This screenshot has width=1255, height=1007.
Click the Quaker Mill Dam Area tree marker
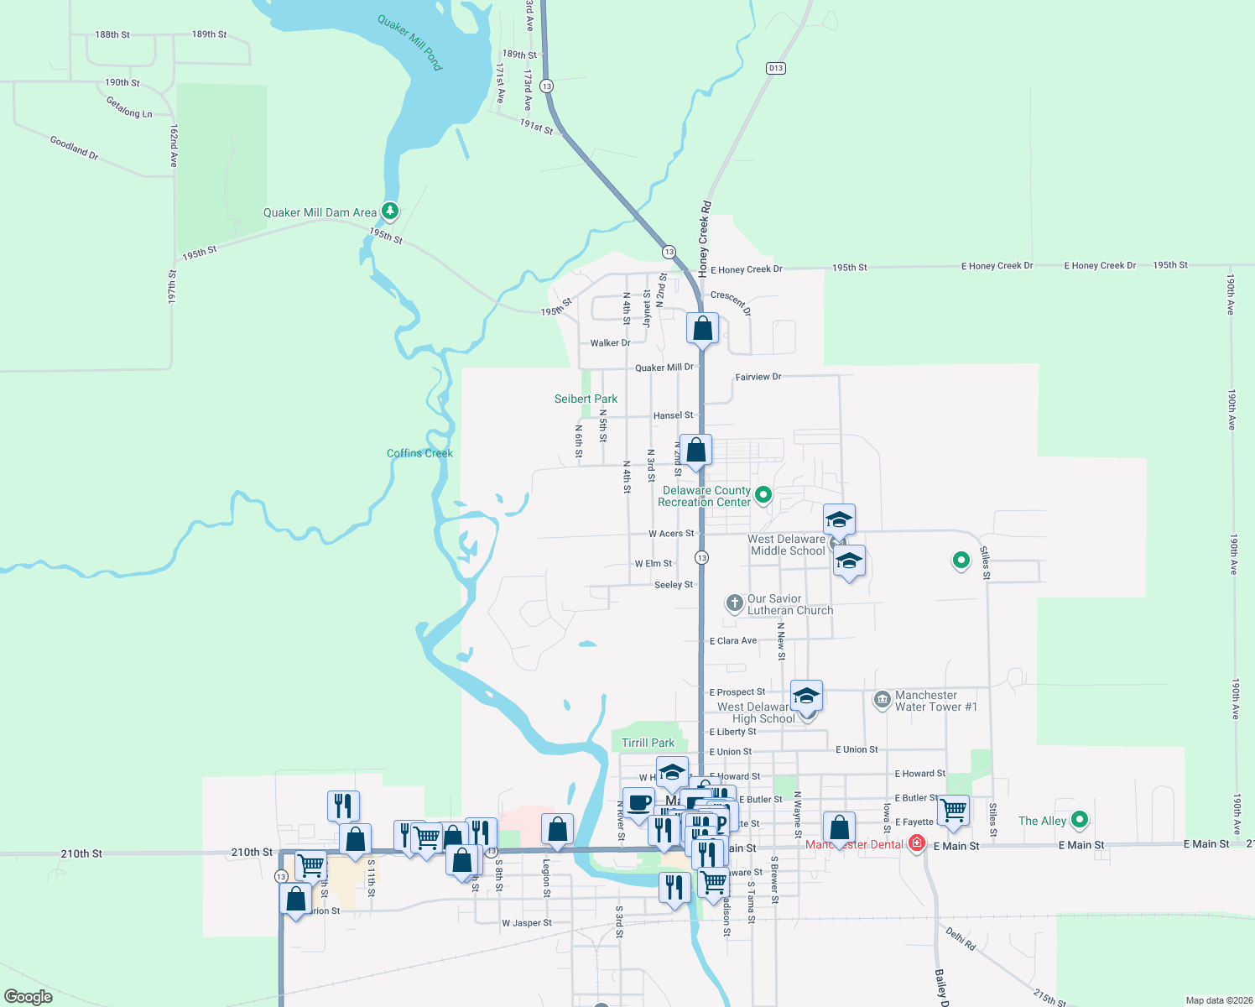tap(389, 210)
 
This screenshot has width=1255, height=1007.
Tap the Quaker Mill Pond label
tap(409, 42)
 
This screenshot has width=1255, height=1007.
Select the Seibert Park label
tap(586, 399)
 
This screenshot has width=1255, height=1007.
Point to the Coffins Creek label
tap(419, 453)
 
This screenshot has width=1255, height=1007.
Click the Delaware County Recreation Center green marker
tap(763, 495)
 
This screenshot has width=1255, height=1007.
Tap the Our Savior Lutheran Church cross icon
tap(734, 603)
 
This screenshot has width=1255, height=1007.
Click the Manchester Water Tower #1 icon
tap(882, 700)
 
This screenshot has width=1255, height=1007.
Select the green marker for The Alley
tap(1080, 819)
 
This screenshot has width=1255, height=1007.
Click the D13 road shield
tap(775, 68)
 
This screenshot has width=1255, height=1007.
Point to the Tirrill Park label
tap(648, 743)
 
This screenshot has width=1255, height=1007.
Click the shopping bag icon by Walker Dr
tap(702, 328)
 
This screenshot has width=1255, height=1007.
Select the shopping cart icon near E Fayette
tap(953, 810)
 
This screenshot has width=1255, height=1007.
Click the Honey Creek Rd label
tap(705, 239)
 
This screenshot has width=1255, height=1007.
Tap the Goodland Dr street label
tap(74, 148)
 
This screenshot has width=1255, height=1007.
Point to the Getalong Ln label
tap(129, 107)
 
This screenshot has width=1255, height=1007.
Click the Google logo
tap(29, 997)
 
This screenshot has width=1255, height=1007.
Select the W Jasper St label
tap(527, 923)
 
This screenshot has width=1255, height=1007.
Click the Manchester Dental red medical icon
tap(917, 843)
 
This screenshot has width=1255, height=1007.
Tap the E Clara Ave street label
tap(733, 641)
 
